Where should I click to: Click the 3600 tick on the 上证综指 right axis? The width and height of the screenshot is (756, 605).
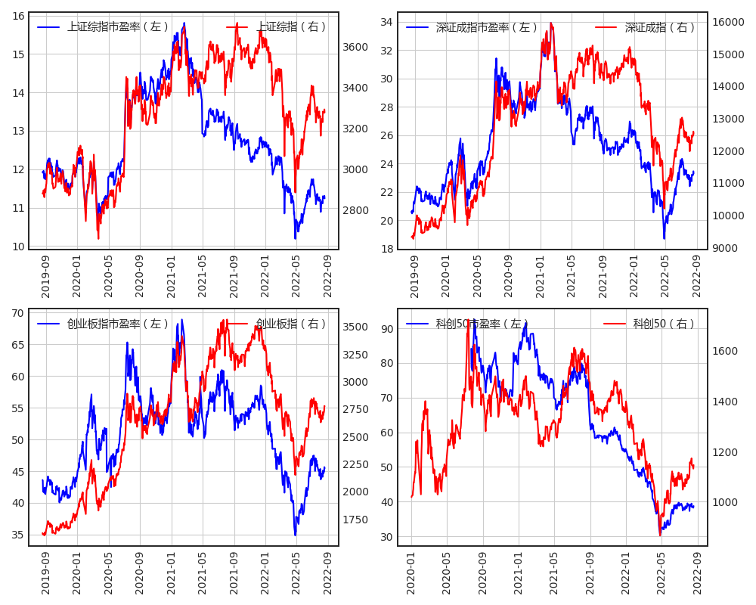tap(355, 47)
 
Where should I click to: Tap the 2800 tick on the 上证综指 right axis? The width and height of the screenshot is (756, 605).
tap(355, 210)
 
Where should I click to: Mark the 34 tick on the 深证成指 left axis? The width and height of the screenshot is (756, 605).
tap(386, 22)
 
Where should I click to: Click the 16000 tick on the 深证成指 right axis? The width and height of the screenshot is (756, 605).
tap(729, 22)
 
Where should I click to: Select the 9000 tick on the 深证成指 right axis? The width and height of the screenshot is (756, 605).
tap(726, 248)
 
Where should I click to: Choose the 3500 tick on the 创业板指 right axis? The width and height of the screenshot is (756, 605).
tap(355, 327)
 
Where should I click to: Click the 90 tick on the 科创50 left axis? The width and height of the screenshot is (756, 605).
tap(386, 329)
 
